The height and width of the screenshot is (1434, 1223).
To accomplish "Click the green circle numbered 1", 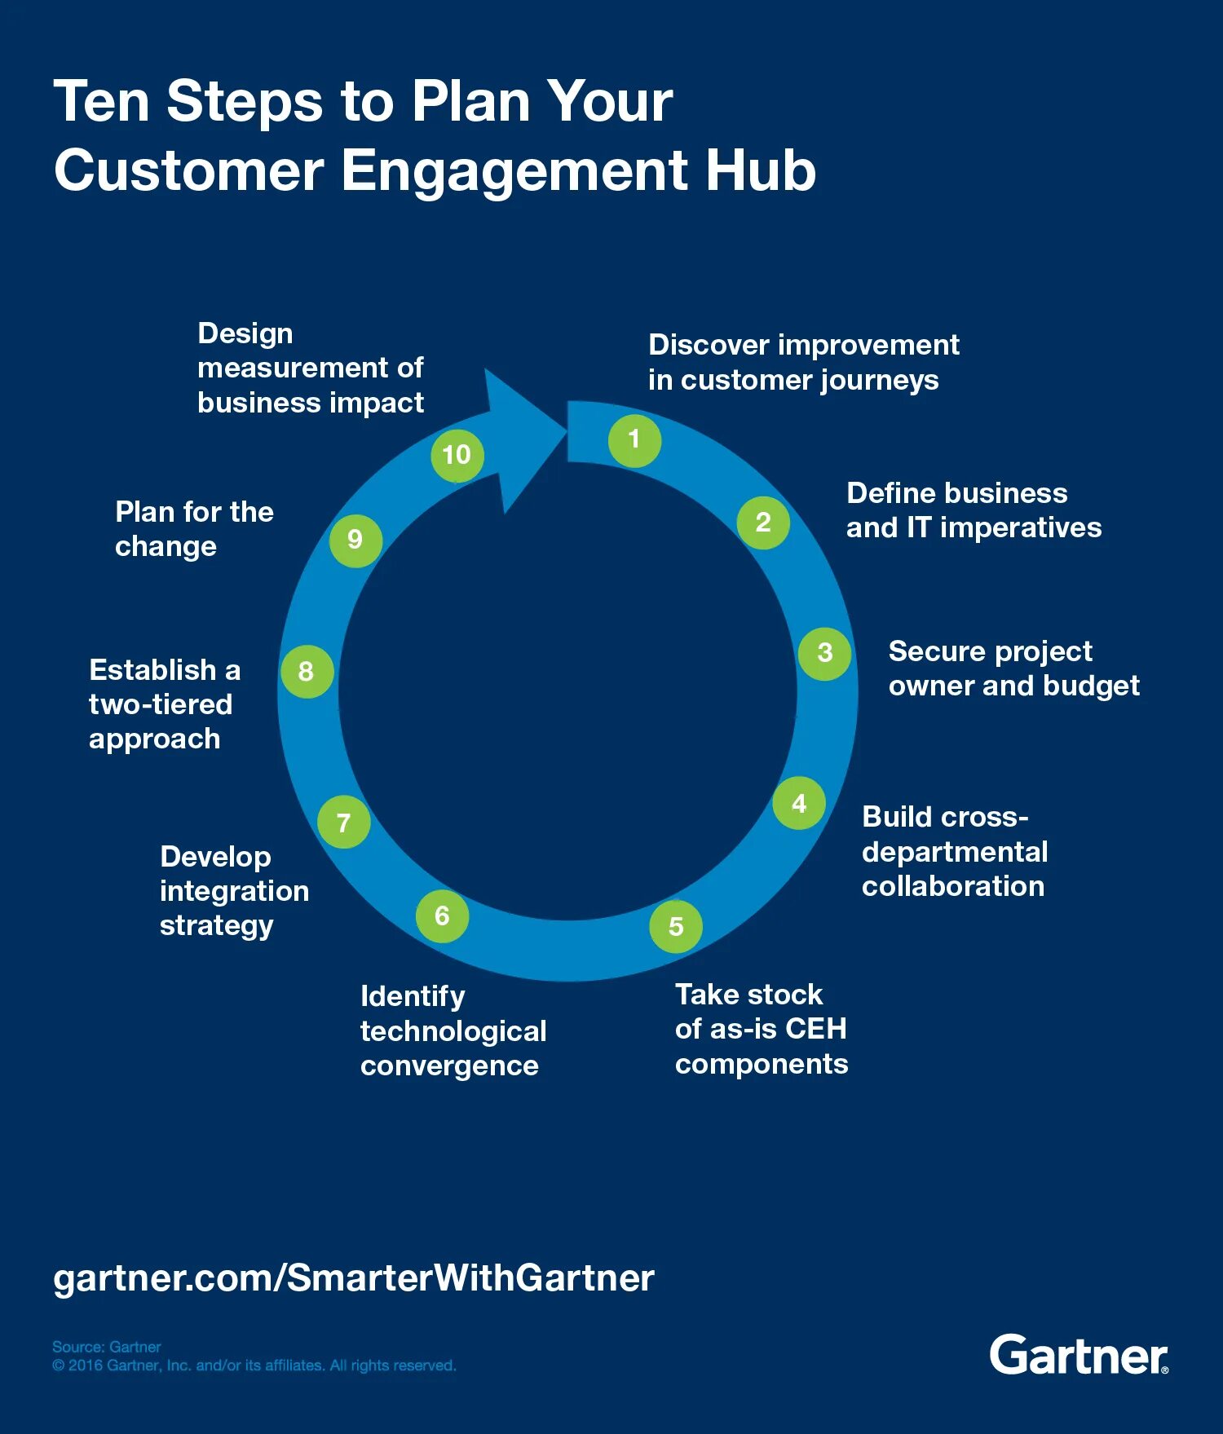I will point(634,440).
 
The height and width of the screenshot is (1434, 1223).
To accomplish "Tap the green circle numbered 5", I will point(676,926).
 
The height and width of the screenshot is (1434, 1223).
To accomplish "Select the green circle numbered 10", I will point(457,455).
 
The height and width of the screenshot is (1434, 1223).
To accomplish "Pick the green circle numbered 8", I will point(307,672).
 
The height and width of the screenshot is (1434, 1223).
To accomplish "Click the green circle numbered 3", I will point(825,653).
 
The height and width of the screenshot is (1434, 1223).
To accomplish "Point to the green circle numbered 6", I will point(442,916).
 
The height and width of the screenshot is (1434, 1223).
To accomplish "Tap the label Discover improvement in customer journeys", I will point(803,362).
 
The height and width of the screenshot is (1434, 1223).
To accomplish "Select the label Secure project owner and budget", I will point(1013,668).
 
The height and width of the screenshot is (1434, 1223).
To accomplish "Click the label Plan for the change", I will point(194,528).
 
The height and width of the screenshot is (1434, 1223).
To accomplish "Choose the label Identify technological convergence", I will point(453,1030).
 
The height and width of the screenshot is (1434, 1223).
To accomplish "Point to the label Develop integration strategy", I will point(234,890).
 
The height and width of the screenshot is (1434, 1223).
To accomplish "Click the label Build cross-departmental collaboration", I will point(955,851).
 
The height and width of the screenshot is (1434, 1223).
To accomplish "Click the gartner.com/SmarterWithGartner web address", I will point(354,1277).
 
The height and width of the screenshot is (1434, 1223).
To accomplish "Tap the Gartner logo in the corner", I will point(1079,1355).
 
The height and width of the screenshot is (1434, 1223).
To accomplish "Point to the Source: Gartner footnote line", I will point(107,1347).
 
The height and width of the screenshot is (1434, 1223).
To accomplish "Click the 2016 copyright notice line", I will point(254,1366).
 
